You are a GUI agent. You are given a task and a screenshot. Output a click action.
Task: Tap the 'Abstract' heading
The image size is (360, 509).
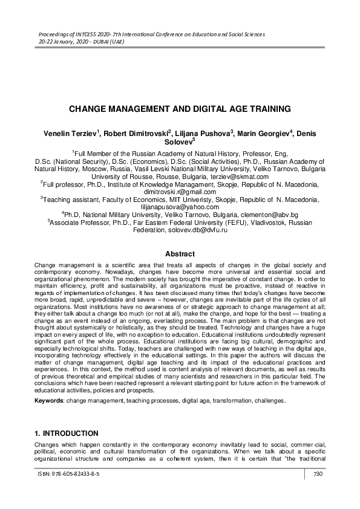click(x=180, y=254)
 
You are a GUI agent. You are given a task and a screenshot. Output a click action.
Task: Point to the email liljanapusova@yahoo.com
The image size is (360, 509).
click(x=180, y=207)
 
